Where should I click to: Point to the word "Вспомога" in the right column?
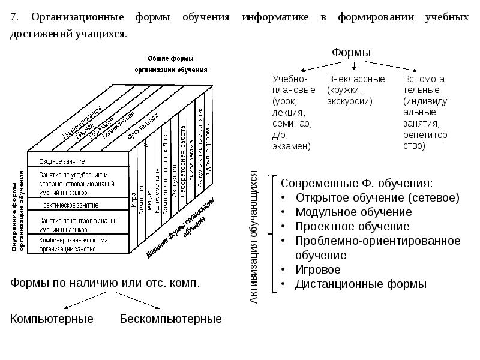pyautogui.click(x=424, y=79)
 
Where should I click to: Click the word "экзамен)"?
pyautogui.click(x=291, y=146)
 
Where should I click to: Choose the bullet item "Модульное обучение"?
pyautogui.click(x=353, y=212)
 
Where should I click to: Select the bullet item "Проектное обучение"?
pyautogui.click(x=352, y=227)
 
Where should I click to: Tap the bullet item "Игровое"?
pyautogui.click(x=317, y=270)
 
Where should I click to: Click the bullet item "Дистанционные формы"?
pyautogui.click(x=361, y=284)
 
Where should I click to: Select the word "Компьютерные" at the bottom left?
pyautogui.click(x=52, y=319)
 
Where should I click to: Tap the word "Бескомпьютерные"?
pyautogui.click(x=170, y=319)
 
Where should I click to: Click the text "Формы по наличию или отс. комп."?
pyautogui.click(x=104, y=283)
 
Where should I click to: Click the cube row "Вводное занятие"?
pyautogui.click(x=62, y=161)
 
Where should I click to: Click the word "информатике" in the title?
pyautogui.click(x=275, y=17)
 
